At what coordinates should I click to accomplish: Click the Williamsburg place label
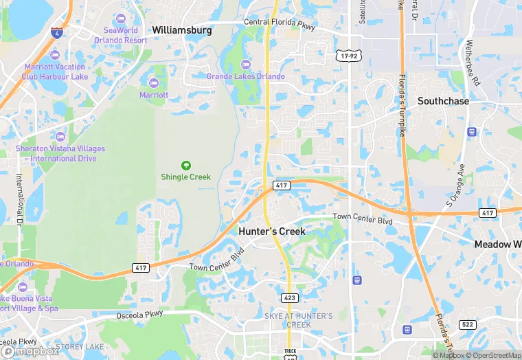(181, 30)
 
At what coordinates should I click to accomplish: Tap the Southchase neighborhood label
(443, 101)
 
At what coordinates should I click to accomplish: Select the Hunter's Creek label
(272, 232)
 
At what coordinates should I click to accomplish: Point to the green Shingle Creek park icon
(185, 165)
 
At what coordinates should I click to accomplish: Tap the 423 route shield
(289, 297)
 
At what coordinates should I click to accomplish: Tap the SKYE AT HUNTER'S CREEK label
(298, 319)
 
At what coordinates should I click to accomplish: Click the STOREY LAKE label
(79, 347)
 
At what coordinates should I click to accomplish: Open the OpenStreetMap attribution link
(492, 355)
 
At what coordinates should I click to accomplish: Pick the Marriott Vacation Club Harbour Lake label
(54, 71)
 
